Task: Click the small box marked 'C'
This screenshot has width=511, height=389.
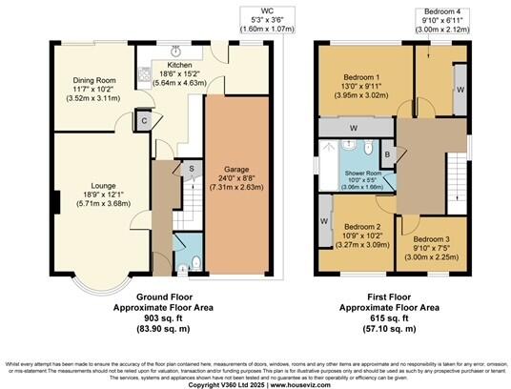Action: (x=143, y=121)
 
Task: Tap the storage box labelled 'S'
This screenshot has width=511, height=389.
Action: (x=191, y=170)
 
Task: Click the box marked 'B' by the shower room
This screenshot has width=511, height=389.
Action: (x=387, y=154)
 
